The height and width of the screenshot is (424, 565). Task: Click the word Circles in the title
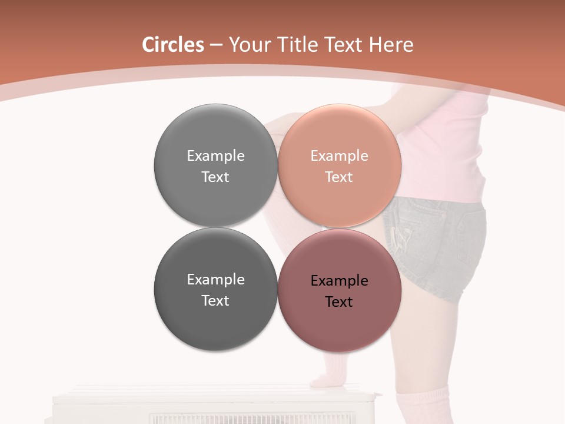click(173, 45)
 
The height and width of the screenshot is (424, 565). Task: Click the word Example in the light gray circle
click(215, 156)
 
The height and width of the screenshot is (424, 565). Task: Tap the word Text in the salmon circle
click(339, 177)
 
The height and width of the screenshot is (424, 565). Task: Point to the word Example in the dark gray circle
click(215, 280)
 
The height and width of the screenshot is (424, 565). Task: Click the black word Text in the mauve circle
click(339, 302)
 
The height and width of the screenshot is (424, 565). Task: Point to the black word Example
click(339, 281)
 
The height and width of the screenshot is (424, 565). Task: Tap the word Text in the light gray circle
click(215, 177)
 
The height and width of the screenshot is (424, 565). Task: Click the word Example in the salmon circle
click(339, 156)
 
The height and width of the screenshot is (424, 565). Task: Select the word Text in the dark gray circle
click(215, 301)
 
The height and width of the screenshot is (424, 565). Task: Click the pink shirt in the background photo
click(447, 147)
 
